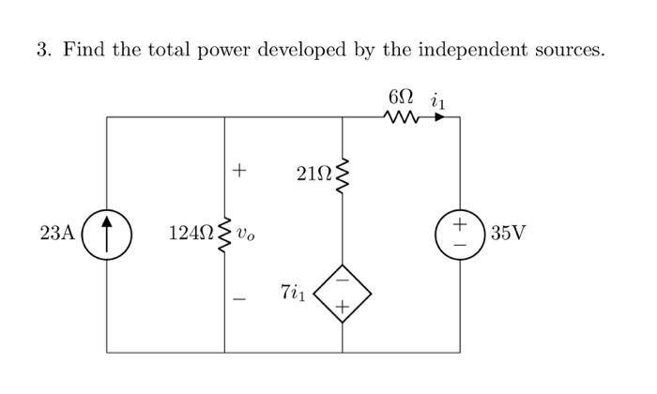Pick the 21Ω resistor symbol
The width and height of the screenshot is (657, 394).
[x=343, y=174]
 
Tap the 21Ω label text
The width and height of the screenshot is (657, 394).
[x=312, y=174]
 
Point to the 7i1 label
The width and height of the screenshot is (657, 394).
[x=292, y=293]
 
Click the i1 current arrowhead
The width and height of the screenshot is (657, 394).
[x=439, y=117]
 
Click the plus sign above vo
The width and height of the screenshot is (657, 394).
[x=239, y=171]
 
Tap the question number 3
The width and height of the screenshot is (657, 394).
[x=42, y=50]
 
